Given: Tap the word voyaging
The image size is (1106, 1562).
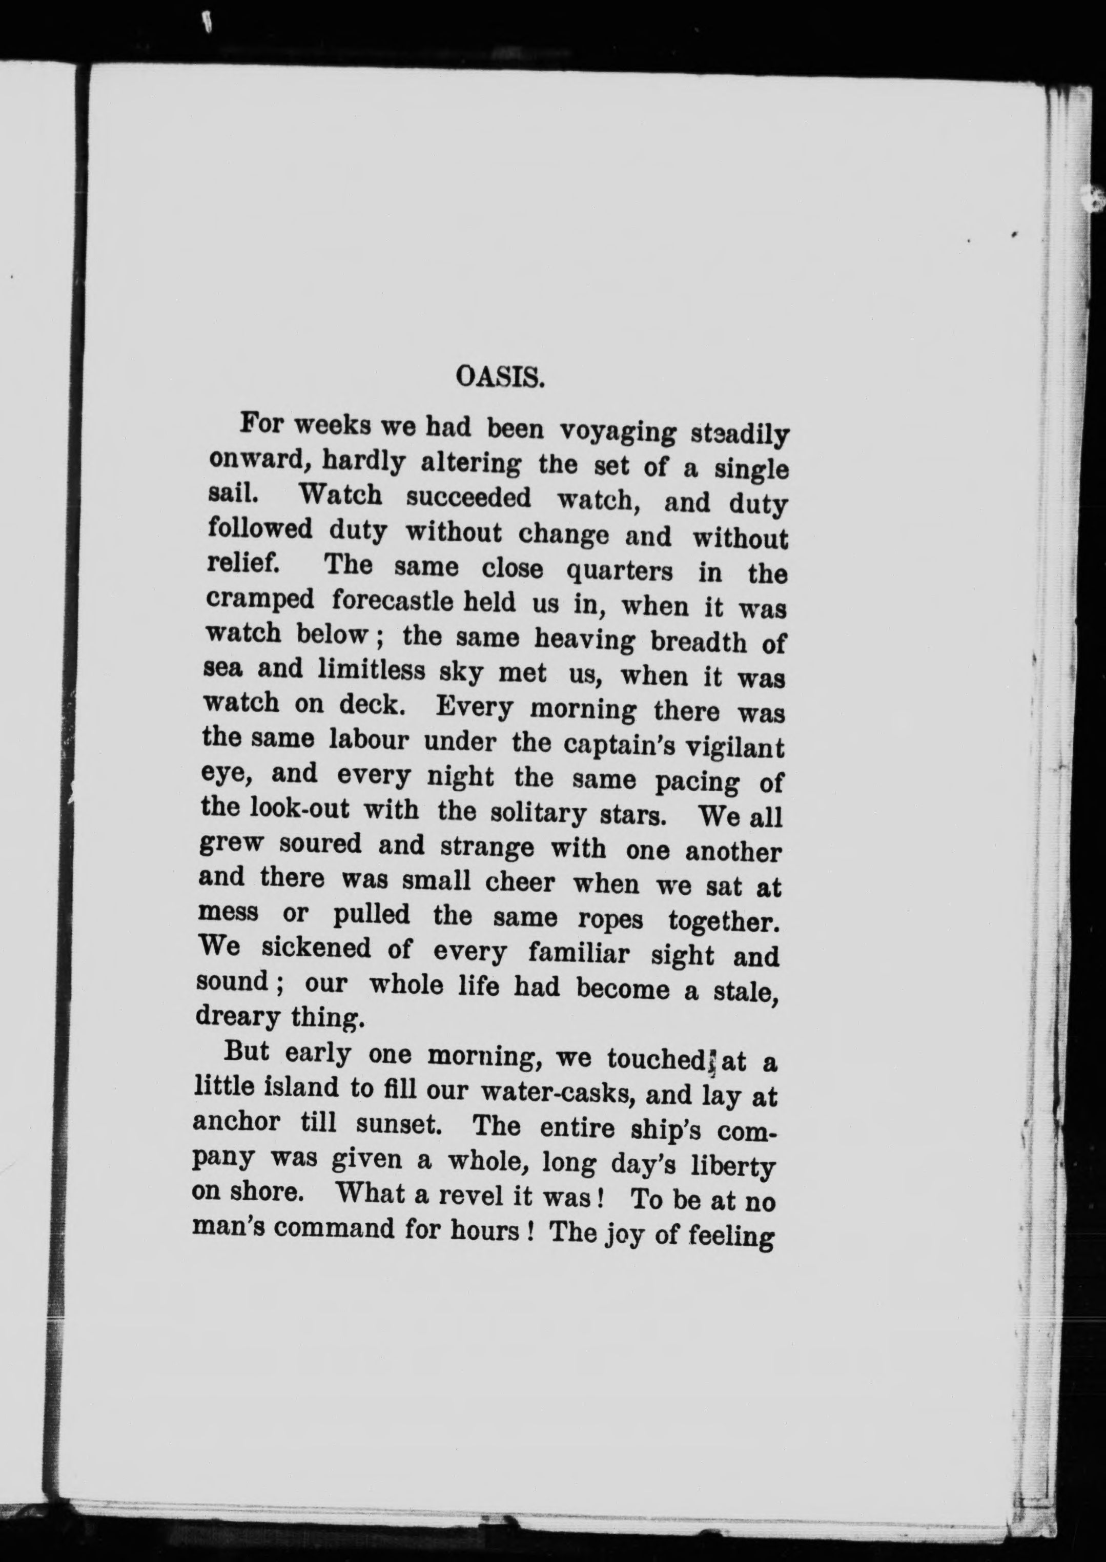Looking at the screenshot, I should tap(618, 433).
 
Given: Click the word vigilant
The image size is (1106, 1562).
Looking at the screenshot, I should tap(734, 748).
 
